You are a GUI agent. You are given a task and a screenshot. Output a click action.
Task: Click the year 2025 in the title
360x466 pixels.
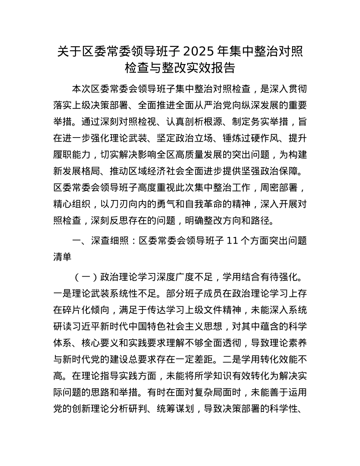207,51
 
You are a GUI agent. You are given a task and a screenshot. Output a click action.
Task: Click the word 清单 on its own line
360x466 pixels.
62,256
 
